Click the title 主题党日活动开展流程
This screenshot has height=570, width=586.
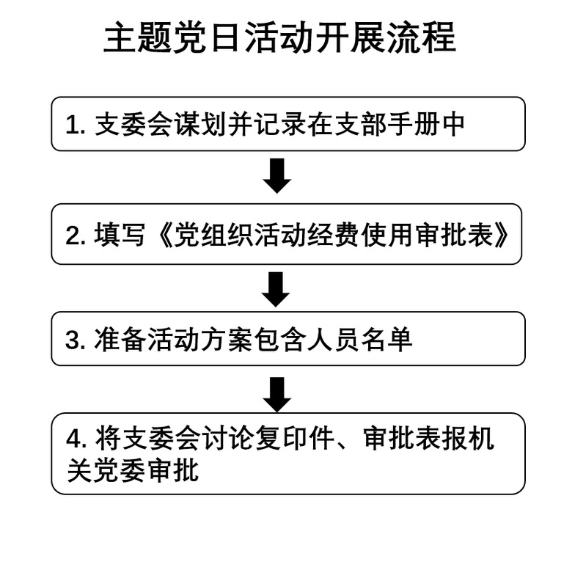[279, 37]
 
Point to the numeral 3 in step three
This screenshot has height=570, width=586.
[73, 340]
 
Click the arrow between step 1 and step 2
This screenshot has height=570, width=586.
[277, 175]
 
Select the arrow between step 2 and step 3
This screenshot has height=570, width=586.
[276, 290]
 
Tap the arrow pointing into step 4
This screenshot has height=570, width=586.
[277, 395]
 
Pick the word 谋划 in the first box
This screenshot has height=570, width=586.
[201, 124]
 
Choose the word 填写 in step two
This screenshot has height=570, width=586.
[120, 235]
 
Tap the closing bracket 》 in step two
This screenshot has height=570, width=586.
[501, 235]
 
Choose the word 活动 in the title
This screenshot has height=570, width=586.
[279, 37]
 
